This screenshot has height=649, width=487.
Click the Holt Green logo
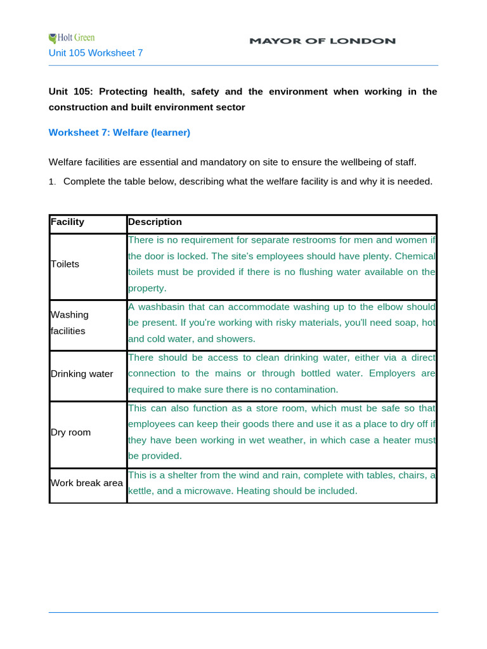coord(72,38)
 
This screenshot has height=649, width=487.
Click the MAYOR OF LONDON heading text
coord(322,41)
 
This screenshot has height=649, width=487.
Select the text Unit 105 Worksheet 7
coord(96,53)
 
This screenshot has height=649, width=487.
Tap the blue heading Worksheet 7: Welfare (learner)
coord(119,132)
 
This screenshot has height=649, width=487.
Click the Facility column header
coord(67,222)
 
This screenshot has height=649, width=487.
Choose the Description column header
coord(155,222)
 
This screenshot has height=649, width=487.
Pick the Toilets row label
coord(65,264)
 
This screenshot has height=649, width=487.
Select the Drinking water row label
coord(81,374)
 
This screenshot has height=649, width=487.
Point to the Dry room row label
coord(70,432)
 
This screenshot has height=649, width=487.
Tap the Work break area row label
coord(86,483)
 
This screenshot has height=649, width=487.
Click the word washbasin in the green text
coord(161,307)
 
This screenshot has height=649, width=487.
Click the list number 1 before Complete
coord(53,182)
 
